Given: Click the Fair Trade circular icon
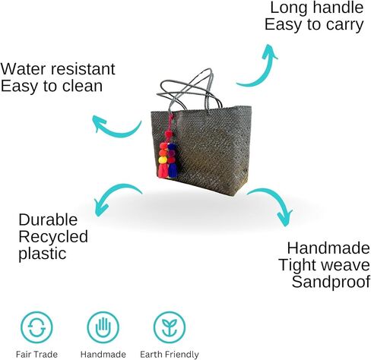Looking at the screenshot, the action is coord(36,327).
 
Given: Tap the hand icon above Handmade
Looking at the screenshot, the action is coord(103,327).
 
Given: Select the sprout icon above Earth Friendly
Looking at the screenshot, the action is coord(170,327).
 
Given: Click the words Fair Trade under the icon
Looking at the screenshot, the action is coord(36,354).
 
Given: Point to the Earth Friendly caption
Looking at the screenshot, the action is coord(170,355).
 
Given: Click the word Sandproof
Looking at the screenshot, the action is coord(331,282).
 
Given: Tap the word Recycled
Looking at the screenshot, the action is coord(53,237).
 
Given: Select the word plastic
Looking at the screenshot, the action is coord(43,254).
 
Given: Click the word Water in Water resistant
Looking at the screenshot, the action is coord(22,69).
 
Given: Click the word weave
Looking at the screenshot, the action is coord(345,265).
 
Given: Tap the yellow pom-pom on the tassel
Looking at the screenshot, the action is coord(163,159).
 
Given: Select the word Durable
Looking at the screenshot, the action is coord(48,219).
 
